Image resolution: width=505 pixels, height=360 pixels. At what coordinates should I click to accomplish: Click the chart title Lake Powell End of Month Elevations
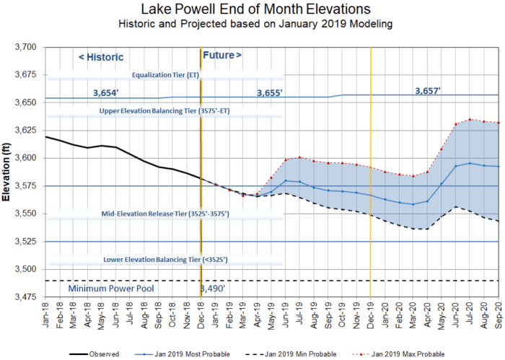click(253, 9)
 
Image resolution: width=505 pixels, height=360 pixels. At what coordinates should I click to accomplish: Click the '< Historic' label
click(101, 57)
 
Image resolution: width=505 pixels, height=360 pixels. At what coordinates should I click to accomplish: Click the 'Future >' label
click(223, 55)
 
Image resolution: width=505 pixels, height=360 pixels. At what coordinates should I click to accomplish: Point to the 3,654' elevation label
click(106, 93)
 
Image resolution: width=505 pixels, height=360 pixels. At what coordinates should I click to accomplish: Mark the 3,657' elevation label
click(428, 90)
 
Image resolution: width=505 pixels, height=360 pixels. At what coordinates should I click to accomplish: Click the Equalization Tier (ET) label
click(166, 74)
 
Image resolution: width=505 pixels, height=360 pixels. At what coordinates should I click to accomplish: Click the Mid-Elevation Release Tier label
click(166, 215)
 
